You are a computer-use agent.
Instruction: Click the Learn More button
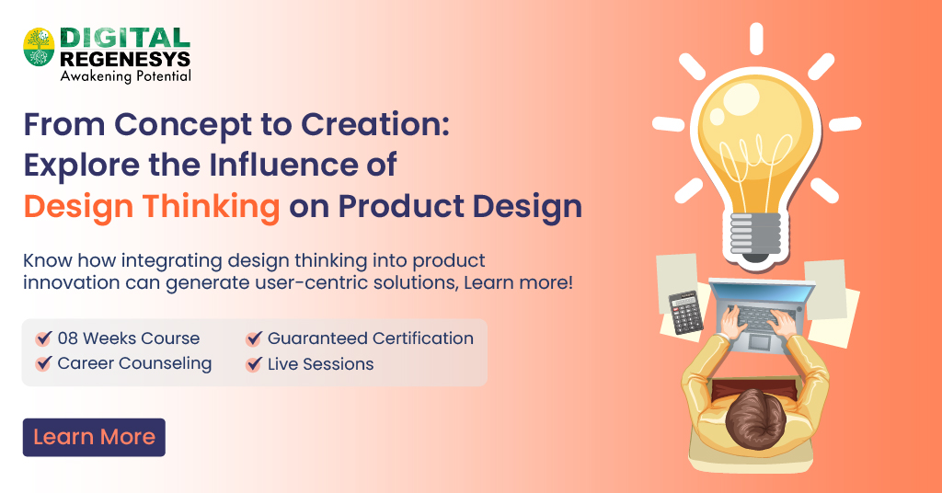coord(94,437)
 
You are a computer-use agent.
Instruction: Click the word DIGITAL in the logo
coord(125,38)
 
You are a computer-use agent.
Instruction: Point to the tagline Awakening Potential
coord(125,76)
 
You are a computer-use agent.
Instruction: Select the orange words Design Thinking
coord(152,207)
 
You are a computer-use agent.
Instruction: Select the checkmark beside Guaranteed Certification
coord(254,338)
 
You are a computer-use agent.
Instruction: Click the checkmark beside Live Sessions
coord(254,364)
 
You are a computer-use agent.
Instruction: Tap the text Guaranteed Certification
coord(370,338)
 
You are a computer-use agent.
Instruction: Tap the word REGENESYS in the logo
coord(125,58)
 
